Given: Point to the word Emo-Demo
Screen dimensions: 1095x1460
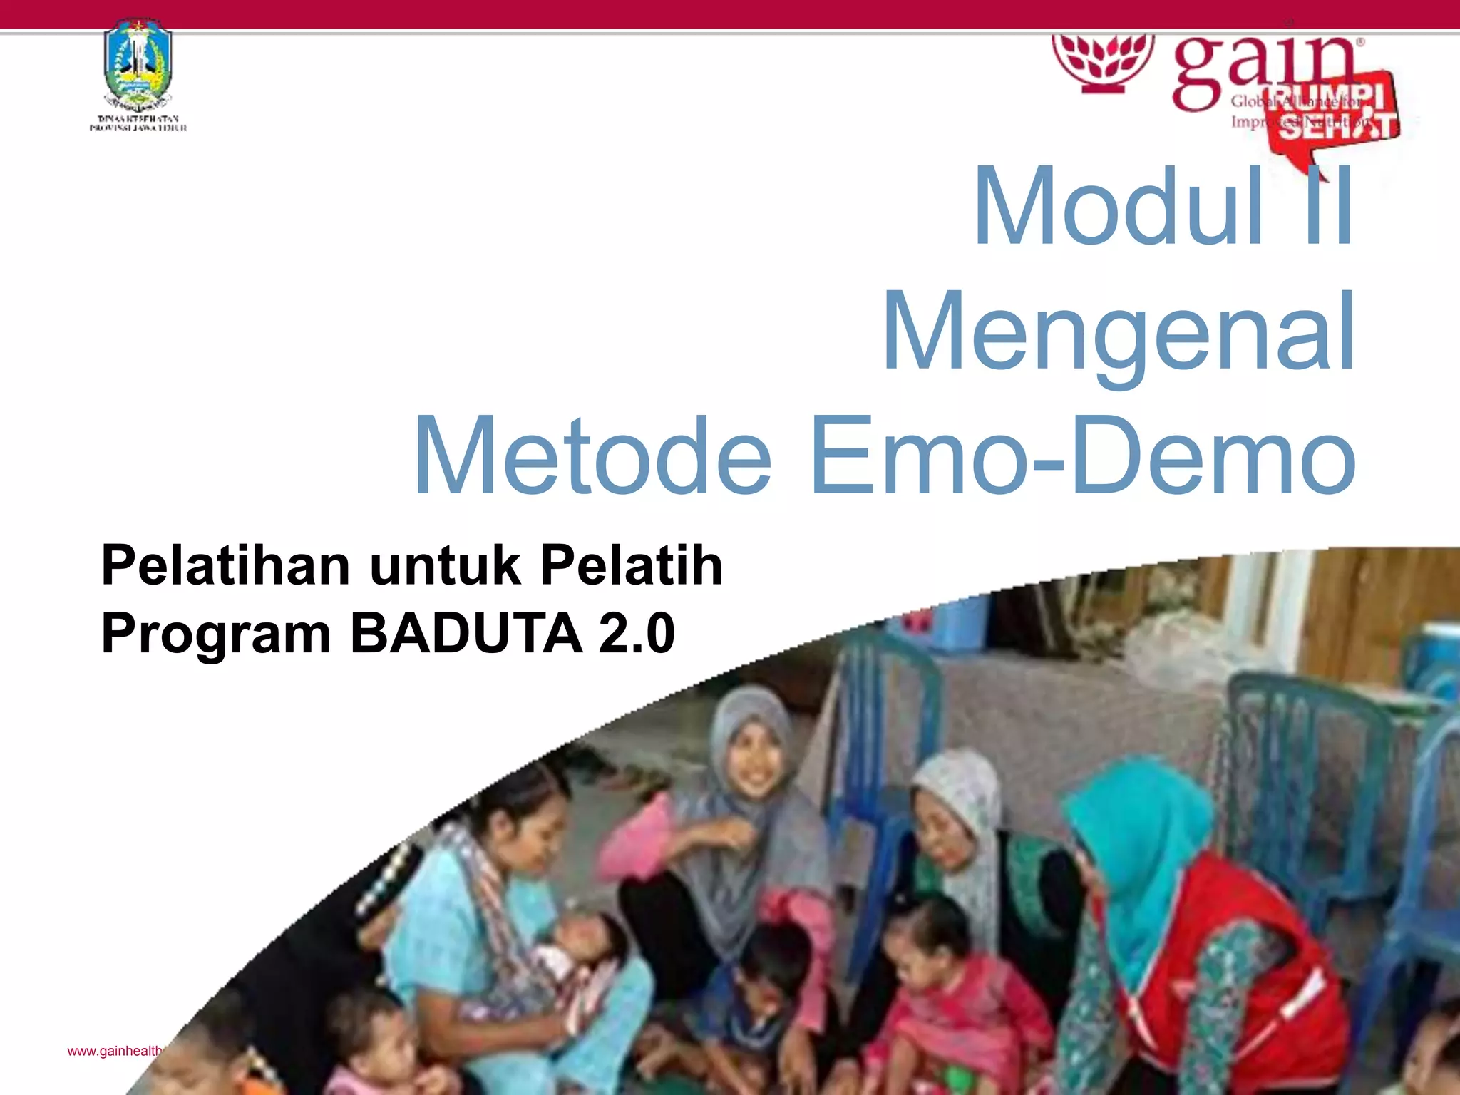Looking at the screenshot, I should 1084,456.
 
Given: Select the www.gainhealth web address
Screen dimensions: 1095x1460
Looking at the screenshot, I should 114,1052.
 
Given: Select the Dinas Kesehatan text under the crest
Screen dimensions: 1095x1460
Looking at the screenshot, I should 138,123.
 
